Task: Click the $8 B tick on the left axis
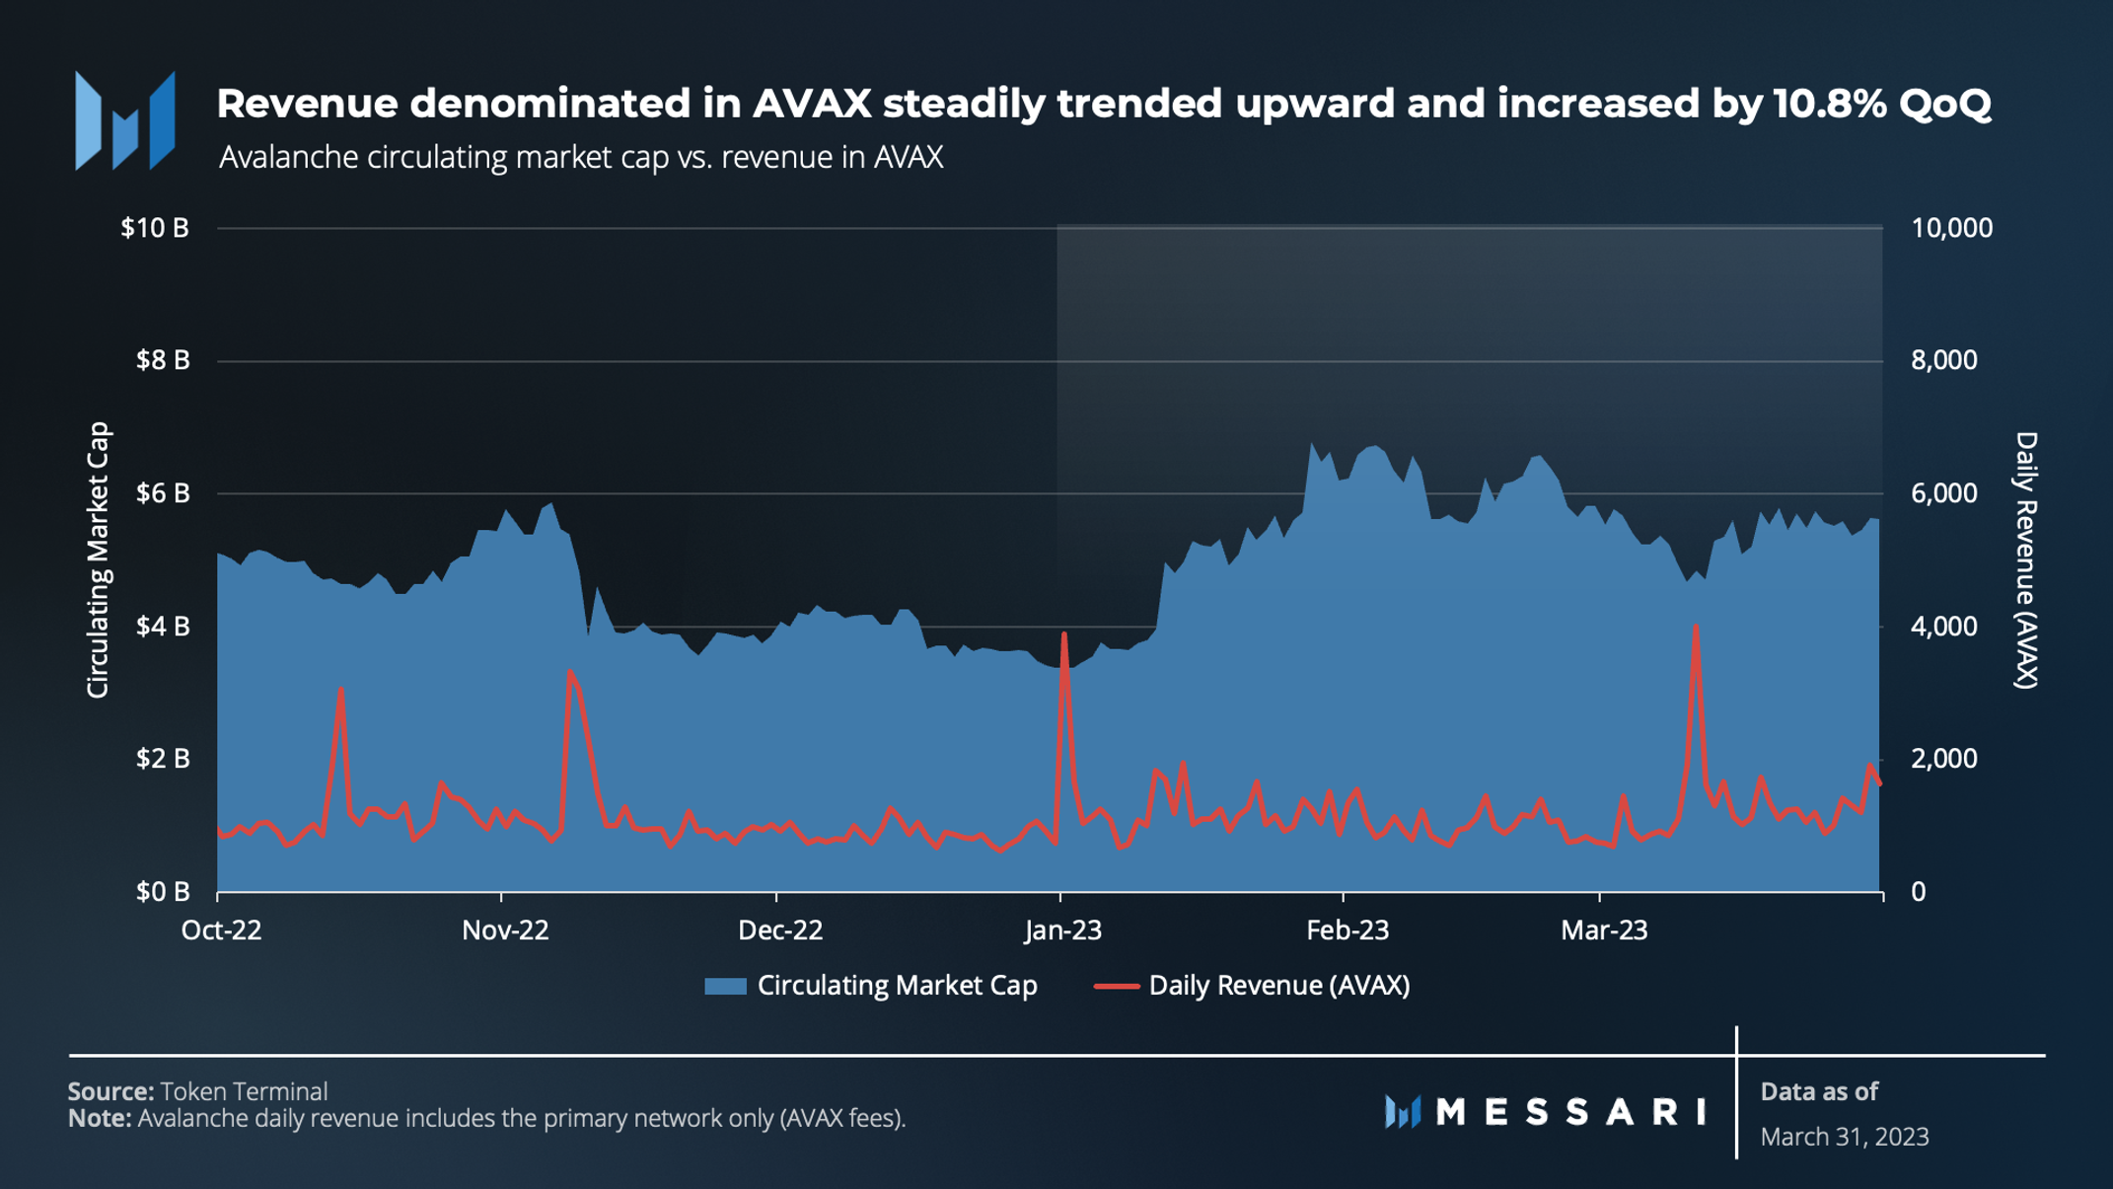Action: pyautogui.click(x=162, y=360)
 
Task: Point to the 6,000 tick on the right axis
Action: pyautogui.click(x=1943, y=493)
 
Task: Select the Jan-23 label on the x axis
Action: pyautogui.click(x=1062, y=930)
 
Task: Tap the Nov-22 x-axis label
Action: pyautogui.click(x=505, y=930)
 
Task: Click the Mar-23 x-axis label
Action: pyautogui.click(x=1604, y=930)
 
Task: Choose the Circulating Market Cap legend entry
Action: pyautogui.click(x=896, y=986)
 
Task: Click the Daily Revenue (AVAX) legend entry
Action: pyautogui.click(x=1278, y=986)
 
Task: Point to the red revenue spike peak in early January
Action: pyautogui.click(x=1063, y=634)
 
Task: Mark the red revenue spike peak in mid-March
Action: pyautogui.click(x=1695, y=627)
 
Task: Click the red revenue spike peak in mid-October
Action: pyautogui.click(x=340, y=689)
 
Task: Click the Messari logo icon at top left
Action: pyautogui.click(x=125, y=120)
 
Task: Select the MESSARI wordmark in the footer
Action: pyautogui.click(x=1570, y=1112)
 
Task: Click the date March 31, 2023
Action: pyautogui.click(x=1844, y=1137)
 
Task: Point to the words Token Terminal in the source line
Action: pyautogui.click(x=244, y=1091)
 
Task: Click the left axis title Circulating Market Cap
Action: pyautogui.click(x=98, y=559)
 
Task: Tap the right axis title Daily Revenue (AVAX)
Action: pyautogui.click(x=2025, y=559)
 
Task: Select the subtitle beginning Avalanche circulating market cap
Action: pyautogui.click(x=580, y=158)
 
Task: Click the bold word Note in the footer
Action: pyautogui.click(x=99, y=1119)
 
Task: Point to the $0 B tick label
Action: pyautogui.click(x=162, y=892)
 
